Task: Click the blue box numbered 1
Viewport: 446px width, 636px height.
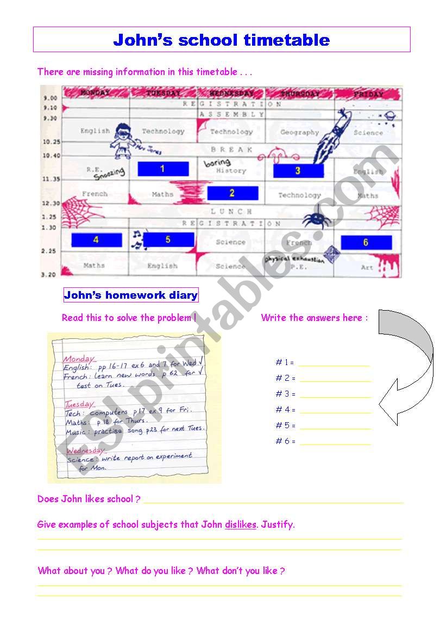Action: pos(163,169)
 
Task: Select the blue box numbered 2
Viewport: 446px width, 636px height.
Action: pos(233,193)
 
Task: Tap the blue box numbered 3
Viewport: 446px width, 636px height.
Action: pos(298,170)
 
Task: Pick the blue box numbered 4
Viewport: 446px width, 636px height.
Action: pos(97,240)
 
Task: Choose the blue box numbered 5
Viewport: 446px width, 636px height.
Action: pos(168,239)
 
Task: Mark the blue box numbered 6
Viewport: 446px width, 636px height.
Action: pos(366,243)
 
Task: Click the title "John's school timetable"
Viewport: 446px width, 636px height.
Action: pos(222,40)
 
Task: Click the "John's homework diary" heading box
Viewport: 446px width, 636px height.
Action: pos(131,295)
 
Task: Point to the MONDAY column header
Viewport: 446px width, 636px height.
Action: pos(95,93)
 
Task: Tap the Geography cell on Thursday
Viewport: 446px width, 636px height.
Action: pos(299,132)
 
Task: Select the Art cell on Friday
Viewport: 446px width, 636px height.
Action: pos(367,267)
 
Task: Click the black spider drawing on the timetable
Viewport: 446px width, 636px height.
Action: pos(315,219)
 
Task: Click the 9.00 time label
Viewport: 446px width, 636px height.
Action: pos(51,98)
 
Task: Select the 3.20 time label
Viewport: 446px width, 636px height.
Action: pos(51,275)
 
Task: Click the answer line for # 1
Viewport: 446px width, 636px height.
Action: pos(334,366)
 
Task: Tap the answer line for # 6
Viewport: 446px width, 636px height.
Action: pos(335,444)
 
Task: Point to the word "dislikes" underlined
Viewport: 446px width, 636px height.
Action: pos(240,525)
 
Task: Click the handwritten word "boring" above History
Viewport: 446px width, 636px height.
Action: pos(217,162)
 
